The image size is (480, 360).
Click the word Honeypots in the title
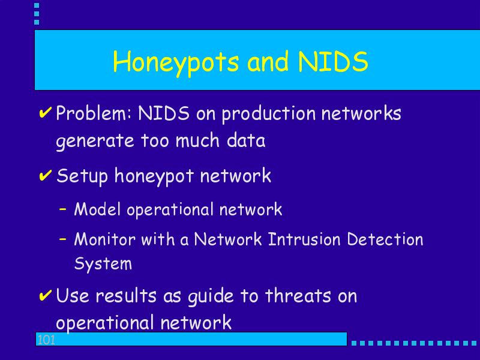[176, 63]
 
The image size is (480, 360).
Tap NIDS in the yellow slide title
[333, 62]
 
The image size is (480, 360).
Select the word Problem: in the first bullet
[94, 113]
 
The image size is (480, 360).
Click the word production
[268, 114]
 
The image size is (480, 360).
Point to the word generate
[95, 142]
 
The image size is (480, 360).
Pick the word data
[246, 140]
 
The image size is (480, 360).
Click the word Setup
[82, 176]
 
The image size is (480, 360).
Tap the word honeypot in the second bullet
[154, 176]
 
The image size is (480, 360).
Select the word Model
[97, 209]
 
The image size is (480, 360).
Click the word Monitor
[104, 239]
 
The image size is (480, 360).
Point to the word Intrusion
[304, 239]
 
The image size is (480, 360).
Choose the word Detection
[385, 239]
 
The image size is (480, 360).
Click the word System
[103, 264]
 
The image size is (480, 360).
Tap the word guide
[211, 296]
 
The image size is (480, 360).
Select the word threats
[298, 296]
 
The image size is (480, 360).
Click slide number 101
[46, 340]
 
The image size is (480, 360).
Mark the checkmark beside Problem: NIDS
[46, 112]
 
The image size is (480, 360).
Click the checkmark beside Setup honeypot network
[46, 175]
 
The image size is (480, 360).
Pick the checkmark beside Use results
[46, 295]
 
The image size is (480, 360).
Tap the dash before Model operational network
[63, 209]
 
